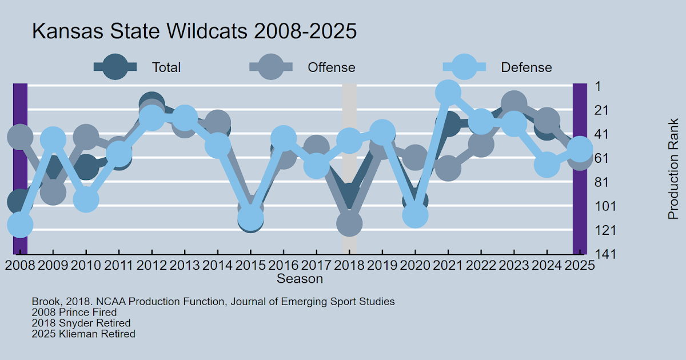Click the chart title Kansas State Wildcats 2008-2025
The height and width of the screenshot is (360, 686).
pos(194,31)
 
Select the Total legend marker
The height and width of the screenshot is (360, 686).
pos(115,67)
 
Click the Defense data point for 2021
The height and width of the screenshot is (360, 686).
pos(448,92)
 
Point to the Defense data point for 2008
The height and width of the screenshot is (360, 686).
pos(20,225)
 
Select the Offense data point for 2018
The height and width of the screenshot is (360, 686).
pos(349,223)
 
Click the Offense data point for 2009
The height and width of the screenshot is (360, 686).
pos(53,192)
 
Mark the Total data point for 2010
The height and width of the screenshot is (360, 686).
pos(86,167)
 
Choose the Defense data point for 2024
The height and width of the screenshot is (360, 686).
pos(547,165)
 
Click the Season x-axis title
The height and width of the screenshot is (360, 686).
pos(300,279)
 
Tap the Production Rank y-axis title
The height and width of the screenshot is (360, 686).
pos(673,169)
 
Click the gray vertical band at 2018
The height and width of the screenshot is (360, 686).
pos(349,171)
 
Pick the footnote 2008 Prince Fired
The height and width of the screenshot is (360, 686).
pos(74,313)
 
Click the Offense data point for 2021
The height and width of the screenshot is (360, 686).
pos(448,169)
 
